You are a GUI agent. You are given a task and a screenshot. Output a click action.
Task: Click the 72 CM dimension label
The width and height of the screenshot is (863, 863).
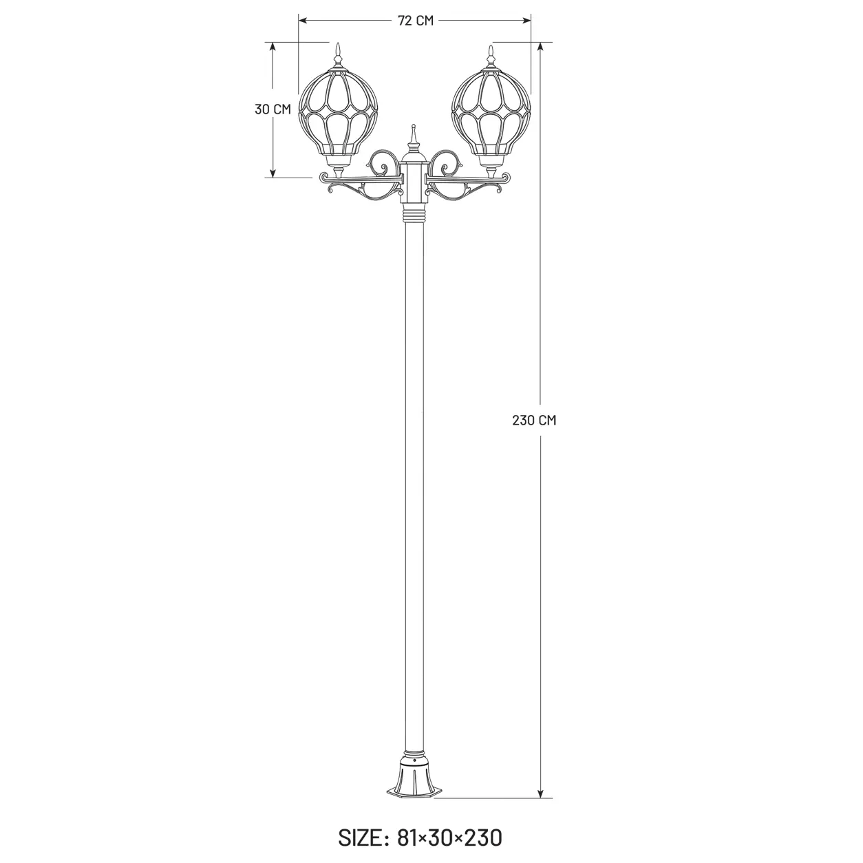point(415,21)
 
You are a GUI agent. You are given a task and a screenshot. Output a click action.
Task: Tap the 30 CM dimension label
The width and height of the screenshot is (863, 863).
point(273,109)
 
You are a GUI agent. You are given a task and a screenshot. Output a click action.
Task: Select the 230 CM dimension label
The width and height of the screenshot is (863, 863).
point(534,420)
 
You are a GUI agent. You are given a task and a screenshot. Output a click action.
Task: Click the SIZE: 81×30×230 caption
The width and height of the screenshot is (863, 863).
point(420,837)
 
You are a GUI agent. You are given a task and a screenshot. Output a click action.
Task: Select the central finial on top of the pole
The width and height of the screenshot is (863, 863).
point(414,139)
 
